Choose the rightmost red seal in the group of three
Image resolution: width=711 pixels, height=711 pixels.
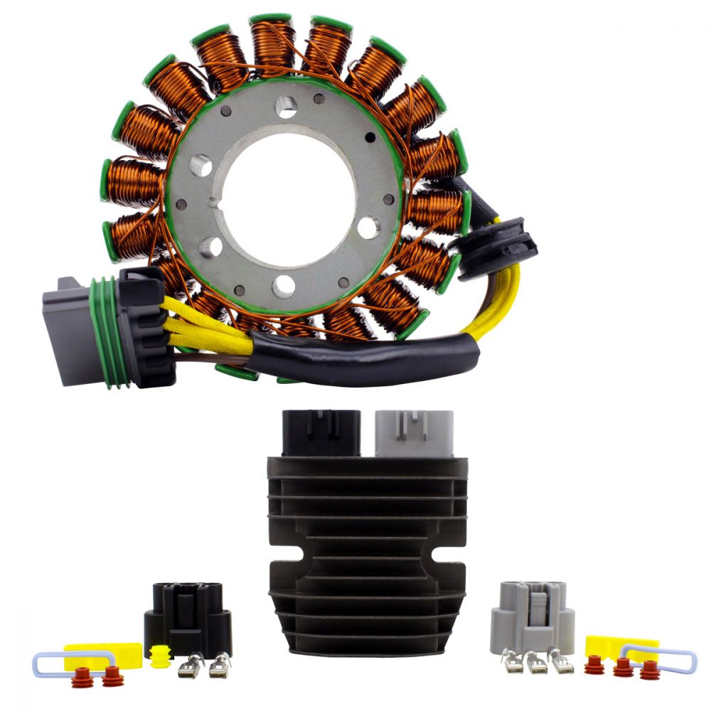point(648,669)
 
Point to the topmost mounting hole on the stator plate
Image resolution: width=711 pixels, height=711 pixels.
point(286,107)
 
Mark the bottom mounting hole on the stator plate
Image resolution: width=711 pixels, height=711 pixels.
point(283,285)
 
